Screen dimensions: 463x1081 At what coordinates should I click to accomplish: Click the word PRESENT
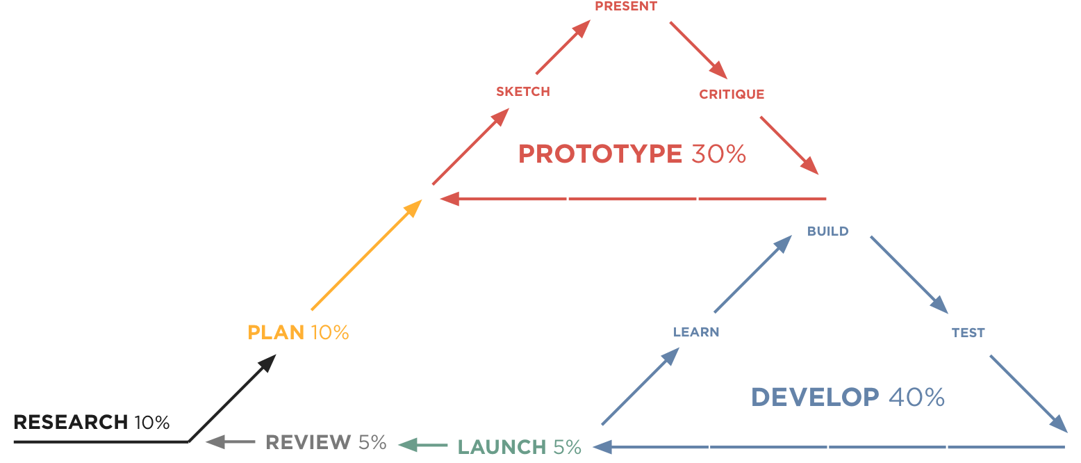625,6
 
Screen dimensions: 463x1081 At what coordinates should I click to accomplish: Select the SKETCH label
522,92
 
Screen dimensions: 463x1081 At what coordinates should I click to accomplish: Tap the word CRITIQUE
731,95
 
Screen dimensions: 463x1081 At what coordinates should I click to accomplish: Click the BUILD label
827,231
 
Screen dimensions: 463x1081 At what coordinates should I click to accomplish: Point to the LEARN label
695,332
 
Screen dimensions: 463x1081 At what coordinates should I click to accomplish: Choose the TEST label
968,333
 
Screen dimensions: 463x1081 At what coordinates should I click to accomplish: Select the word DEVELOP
814,398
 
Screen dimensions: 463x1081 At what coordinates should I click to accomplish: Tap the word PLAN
276,333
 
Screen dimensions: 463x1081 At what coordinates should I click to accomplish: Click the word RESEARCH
70,422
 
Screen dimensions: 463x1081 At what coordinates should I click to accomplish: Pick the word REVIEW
308,442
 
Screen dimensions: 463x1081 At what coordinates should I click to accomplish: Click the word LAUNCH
502,446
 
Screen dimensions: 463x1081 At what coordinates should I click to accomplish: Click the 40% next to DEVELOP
916,398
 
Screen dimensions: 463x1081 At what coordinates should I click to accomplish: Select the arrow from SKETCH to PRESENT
563,47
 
